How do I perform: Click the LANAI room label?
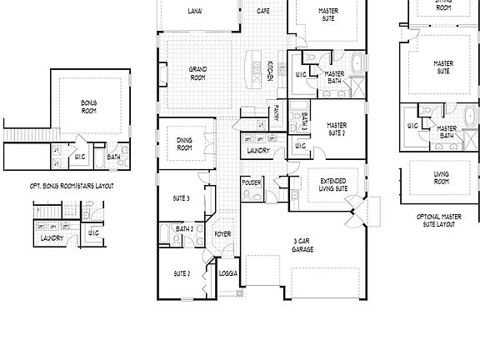click(x=194, y=12)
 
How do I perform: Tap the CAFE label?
click(x=262, y=12)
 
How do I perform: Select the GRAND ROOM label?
click(x=197, y=72)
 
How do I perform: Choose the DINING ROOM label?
click(x=185, y=144)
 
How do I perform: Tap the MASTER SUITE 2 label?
click(x=336, y=129)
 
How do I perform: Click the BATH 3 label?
click(x=305, y=121)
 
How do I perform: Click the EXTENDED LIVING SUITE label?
click(x=333, y=185)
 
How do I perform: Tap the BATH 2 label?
click(x=184, y=228)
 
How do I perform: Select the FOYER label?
click(x=222, y=235)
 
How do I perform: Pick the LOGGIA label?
click(x=228, y=273)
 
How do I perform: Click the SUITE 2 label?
click(x=182, y=273)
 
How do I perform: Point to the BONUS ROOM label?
click(x=89, y=106)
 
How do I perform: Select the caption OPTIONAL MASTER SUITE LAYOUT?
click(x=436, y=219)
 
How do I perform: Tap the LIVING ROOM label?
click(x=441, y=177)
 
